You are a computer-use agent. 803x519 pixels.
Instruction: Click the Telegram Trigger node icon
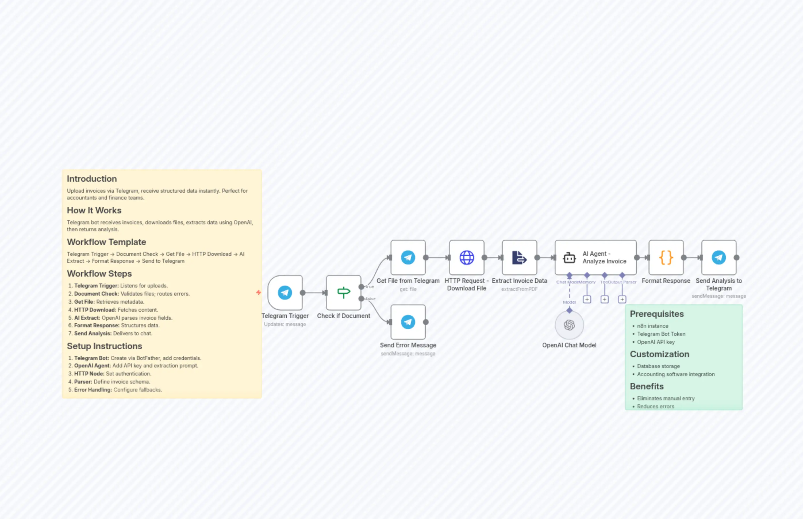coord(285,292)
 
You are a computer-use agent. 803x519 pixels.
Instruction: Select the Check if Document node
coord(343,292)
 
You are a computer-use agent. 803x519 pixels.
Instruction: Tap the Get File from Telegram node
coord(408,257)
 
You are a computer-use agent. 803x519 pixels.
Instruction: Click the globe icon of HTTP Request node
coord(466,257)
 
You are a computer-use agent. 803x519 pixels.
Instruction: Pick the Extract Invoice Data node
coord(519,257)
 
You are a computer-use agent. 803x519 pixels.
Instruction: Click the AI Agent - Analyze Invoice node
coord(595,257)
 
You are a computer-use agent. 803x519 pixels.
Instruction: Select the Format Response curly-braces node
coord(666,257)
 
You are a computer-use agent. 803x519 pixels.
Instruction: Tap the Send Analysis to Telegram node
coord(719,257)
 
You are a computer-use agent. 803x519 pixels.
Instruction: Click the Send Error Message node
coord(408,322)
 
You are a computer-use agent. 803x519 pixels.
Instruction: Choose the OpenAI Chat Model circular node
coord(569,325)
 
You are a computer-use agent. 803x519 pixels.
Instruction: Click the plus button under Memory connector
coord(587,299)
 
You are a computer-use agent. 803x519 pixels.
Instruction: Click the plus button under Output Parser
coord(622,299)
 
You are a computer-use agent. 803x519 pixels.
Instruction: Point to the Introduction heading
coord(92,179)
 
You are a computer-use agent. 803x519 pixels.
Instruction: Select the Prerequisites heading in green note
coord(656,314)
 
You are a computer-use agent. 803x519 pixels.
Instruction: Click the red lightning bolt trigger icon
coord(258,292)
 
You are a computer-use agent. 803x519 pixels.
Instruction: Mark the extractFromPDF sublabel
coord(519,289)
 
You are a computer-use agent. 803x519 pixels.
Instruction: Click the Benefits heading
coord(646,386)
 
